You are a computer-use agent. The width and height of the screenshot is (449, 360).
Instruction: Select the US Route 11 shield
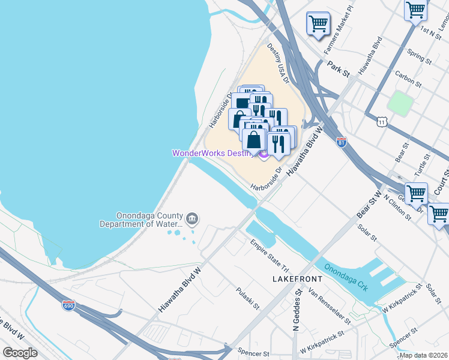pos(382,121)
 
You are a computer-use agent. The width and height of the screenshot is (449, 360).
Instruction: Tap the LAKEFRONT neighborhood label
pos(297,280)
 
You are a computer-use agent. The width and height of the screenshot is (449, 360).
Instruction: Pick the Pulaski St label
pos(247,298)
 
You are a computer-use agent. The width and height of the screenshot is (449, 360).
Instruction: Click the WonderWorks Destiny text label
pos(212,153)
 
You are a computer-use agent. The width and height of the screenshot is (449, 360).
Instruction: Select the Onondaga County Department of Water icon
pos(192,218)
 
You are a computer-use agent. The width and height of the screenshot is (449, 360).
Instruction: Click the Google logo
pos(20,353)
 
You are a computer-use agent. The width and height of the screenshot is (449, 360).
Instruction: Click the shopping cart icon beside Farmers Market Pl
pos(318,23)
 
